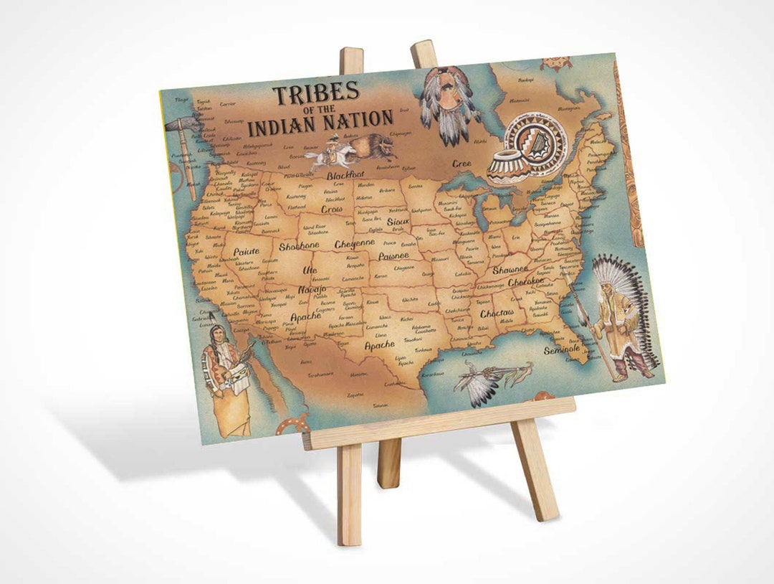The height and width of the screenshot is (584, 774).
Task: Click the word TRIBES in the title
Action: tap(315, 93)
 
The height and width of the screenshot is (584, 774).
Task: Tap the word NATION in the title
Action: tap(358, 119)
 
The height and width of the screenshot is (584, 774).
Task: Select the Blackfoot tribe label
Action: tap(345, 174)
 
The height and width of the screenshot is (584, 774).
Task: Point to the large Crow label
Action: tap(331, 209)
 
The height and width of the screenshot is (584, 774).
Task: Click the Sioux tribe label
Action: tap(398, 222)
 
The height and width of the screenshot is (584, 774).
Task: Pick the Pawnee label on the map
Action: tap(393, 255)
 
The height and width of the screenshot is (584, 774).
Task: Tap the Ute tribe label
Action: tap(310, 270)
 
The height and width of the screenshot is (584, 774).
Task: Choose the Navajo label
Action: tap(312, 289)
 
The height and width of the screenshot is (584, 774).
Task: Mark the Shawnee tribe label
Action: tap(510, 270)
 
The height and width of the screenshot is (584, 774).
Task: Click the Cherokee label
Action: tap(531, 282)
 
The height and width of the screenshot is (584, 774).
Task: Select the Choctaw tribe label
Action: tap(497, 314)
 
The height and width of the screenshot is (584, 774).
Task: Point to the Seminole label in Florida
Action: tap(561, 349)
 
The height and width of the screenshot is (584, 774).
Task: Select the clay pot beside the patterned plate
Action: tap(505, 167)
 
